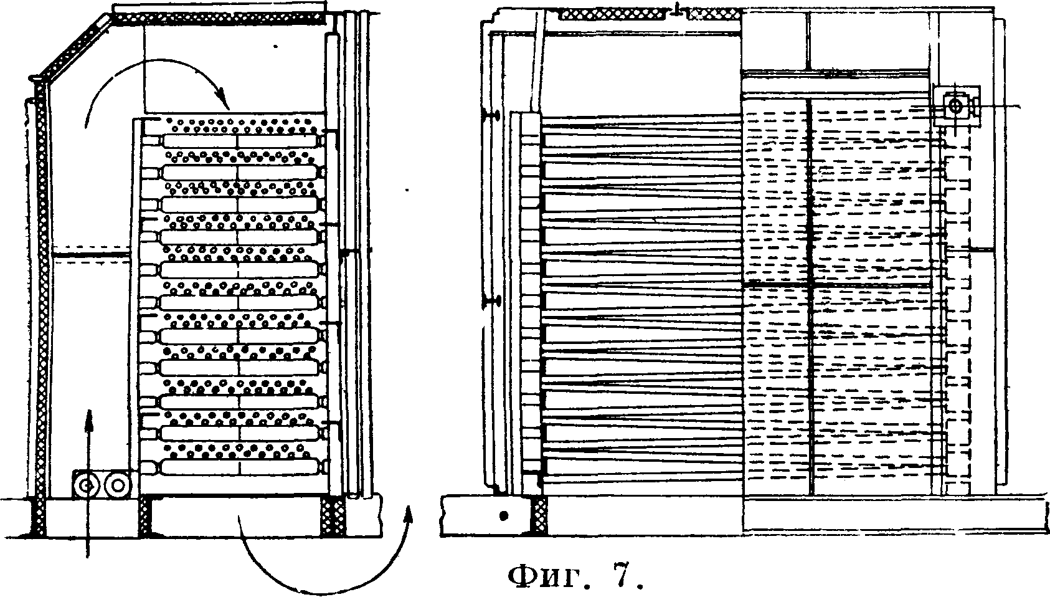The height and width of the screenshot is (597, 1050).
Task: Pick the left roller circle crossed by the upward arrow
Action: pyautogui.click(x=85, y=484)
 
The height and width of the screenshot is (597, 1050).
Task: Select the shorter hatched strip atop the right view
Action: pyautogui.click(x=714, y=14)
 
